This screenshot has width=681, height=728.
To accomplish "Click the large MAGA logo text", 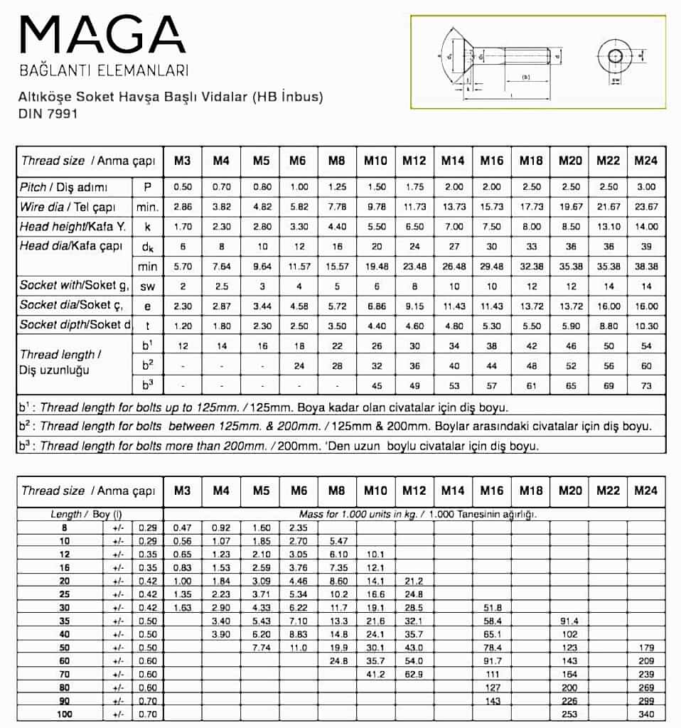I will point(102,35).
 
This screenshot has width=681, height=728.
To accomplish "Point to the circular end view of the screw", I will point(614,55).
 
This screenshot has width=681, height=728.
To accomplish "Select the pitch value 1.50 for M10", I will point(376,186).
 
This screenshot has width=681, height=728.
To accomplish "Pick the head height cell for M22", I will point(608,226).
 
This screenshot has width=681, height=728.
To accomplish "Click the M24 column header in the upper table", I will point(645,161).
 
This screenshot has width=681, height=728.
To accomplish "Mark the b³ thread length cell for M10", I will point(376,386).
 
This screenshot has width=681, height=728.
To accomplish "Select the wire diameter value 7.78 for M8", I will point(337,206).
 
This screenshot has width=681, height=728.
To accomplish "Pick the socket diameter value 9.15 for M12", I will point(414,305).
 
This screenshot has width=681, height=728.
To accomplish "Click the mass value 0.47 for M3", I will point(183,528).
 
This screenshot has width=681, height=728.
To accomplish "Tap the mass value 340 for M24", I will point(645,713).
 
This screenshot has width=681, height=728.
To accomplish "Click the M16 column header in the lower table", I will point(491,491).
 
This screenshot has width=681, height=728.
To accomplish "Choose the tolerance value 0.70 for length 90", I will point(147,700).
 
